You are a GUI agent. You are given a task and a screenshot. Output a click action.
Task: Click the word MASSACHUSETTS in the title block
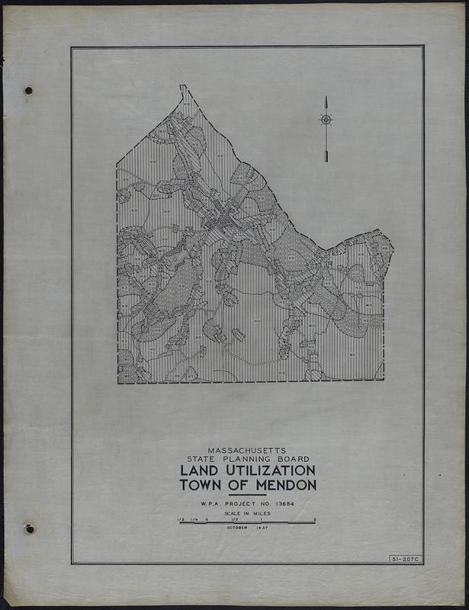(x=247, y=451)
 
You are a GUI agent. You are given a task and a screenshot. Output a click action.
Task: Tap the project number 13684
(x=281, y=504)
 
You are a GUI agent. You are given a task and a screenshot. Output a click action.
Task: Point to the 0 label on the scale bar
(x=206, y=518)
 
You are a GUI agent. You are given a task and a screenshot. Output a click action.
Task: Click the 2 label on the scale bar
(x=314, y=518)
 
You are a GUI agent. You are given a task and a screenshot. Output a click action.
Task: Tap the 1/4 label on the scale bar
(x=193, y=518)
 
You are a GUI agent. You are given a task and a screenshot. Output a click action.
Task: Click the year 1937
(x=262, y=528)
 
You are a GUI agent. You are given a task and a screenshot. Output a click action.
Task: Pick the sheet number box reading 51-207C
(x=405, y=560)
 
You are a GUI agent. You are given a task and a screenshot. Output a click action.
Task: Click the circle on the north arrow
(x=326, y=120)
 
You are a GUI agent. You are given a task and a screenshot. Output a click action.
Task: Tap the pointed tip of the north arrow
(x=326, y=98)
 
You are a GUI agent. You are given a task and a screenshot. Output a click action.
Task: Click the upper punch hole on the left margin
(x=28, y=90)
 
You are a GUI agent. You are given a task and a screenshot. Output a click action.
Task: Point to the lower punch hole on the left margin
(x=29, y=528)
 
